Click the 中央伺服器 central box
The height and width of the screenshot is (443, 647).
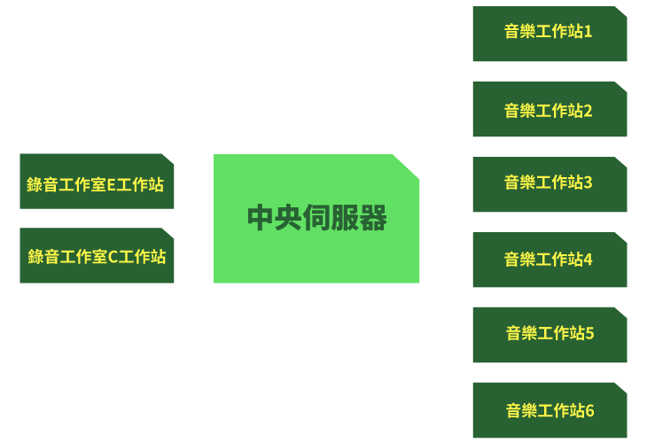click(x=316, y=219)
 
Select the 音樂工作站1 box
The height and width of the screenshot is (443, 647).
click(x=550, y=34)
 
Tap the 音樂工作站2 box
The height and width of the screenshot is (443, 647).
click(x=550, y=109)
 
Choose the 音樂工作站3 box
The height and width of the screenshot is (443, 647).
click(x=550, y=184)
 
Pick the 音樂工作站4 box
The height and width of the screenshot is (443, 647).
click(x=550, y=260)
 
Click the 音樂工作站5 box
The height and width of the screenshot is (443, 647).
click(x=550, y=335)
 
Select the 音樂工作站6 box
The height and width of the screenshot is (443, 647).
click(x=550, y=410)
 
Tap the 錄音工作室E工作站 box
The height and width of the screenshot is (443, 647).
click(x=97, y=181)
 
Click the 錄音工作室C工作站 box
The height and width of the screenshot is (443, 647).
click(x=97, y=255)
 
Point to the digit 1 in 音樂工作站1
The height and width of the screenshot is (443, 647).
click(x=588, y=32)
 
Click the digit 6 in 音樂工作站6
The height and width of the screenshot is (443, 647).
click(x=589, y=411)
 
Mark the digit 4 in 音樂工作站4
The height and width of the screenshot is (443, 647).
click(x=588, y=260)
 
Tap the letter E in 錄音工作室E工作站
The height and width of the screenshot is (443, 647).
click(x=111, y=185)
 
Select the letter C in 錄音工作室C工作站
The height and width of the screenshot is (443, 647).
click(x=113, y=257)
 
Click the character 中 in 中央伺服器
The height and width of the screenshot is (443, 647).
click(x=261, y=217)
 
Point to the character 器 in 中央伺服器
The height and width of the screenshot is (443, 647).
click(x=373, y=217)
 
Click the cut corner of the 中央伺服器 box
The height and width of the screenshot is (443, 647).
click(x=406, y=167)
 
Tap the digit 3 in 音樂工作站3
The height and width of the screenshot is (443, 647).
click(x=588, y=183)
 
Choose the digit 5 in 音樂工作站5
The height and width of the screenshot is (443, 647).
click(x=589, y=333)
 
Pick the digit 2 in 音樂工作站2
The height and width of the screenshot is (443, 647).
click(x=588, y=111)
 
